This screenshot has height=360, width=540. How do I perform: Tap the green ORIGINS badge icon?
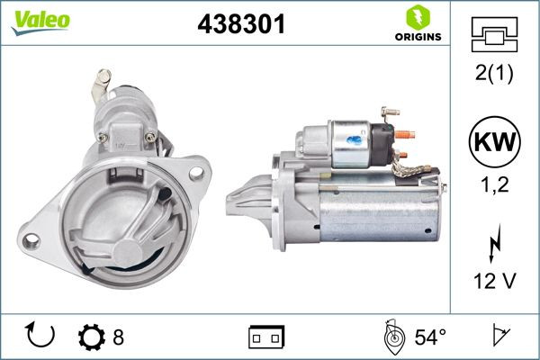(418, 16)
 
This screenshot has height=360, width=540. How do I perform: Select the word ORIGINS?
(418, 37)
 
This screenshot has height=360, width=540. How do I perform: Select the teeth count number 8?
(117, 337)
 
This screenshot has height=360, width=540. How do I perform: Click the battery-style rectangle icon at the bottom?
(265, 337)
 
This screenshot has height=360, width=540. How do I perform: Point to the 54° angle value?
(429, 337)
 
